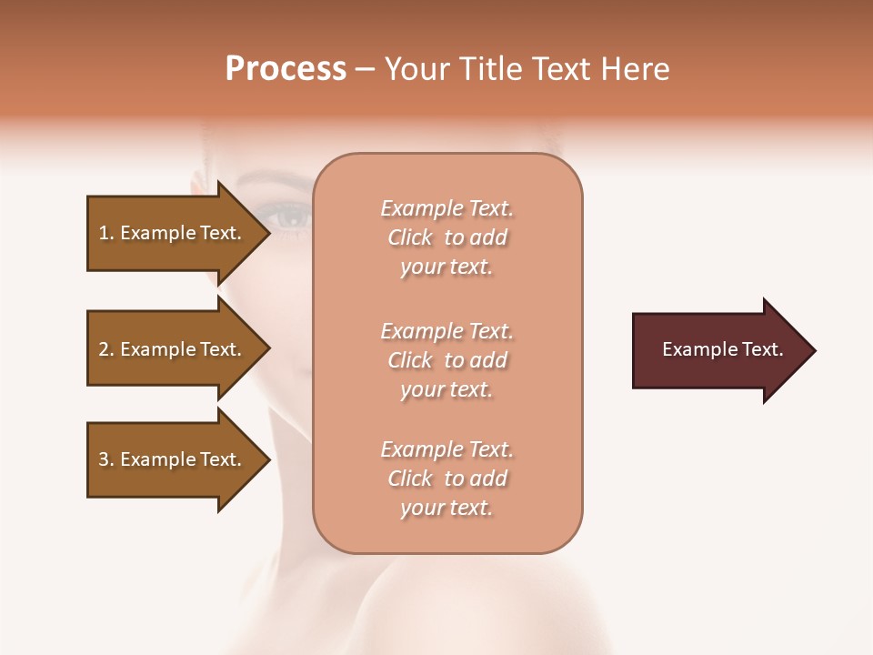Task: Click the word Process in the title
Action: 286,69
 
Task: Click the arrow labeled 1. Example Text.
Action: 173,233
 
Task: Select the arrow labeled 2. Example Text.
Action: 173,349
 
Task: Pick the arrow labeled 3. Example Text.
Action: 173,459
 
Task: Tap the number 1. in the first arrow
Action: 106,233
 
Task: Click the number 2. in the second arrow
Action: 106,349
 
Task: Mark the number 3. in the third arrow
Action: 106,459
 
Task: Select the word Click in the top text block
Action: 410,238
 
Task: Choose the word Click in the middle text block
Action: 410,361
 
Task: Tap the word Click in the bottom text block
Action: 410,479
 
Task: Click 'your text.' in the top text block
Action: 447,267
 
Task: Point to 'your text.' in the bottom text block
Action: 447,509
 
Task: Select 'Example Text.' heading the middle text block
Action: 447,331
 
